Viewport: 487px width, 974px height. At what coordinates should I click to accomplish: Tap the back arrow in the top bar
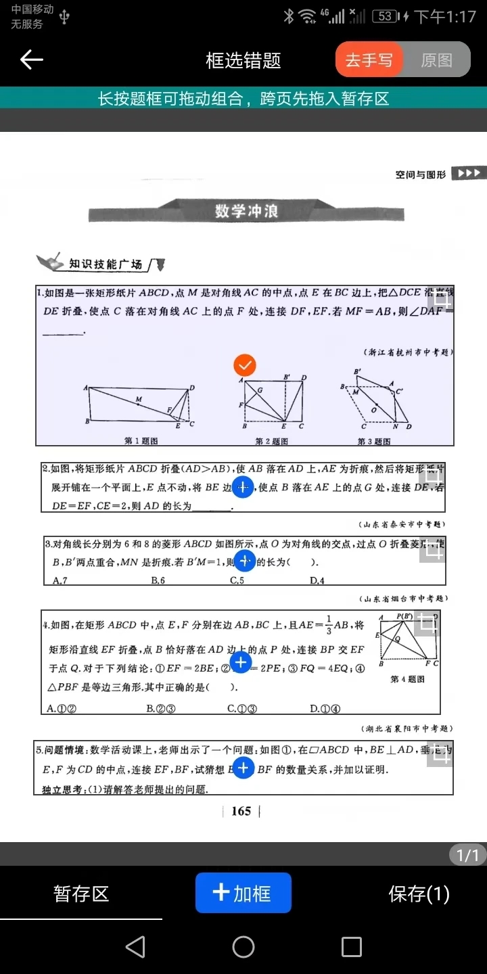click(31, 60)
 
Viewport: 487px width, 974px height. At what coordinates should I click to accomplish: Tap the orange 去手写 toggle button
click(369, 60)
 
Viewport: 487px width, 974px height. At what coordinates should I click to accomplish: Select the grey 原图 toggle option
click(436, 60)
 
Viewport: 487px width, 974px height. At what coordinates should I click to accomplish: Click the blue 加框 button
click(243, 893)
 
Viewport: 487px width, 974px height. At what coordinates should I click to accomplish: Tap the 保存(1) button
click(419, 894)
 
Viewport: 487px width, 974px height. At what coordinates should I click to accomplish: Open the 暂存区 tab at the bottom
click(81, 894)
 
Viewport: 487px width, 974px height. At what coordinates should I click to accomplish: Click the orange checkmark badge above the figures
click(245, 365)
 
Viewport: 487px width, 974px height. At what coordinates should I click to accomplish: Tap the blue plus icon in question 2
click(242, 487)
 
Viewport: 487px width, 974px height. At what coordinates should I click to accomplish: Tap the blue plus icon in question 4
click(241, 663)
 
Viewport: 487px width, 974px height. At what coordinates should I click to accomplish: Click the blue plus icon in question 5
click(243, 768)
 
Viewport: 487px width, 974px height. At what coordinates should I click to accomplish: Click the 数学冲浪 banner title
click(246, 211)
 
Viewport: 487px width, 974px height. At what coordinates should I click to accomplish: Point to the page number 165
click(241, 811)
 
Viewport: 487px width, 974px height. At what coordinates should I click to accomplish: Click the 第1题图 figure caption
click(141, 441)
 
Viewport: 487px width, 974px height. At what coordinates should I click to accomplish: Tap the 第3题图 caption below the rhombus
click(374, 441)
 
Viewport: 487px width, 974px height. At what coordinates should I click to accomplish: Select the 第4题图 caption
click(407, 679)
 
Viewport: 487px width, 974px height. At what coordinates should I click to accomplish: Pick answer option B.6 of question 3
click(158, 580)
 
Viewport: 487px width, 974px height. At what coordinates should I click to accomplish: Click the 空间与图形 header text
click(421, 175)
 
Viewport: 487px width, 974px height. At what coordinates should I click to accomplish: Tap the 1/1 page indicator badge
click(467, 855)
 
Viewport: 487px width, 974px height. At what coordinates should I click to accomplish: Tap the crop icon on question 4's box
click(427, 624)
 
